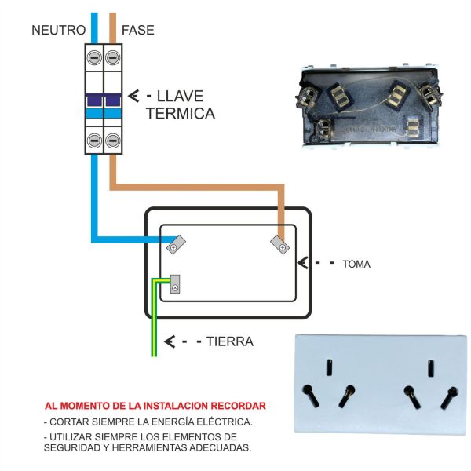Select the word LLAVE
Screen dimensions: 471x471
coord(180,97)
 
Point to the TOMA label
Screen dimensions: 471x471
coord(356,265)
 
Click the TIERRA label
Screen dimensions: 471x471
coord(230,341)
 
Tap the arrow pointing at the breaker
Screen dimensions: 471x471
coord(134,97)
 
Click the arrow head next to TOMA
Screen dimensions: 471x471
coord(306,263)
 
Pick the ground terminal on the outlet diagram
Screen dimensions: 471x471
coord(175,284)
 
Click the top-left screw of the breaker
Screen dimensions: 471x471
coord(94,57)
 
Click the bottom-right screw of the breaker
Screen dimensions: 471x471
coord(113,141)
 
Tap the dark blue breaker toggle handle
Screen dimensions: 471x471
coord(104,100)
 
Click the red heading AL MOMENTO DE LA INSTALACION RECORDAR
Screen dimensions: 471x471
coord(155,407)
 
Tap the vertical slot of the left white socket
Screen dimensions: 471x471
coord(330,367)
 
